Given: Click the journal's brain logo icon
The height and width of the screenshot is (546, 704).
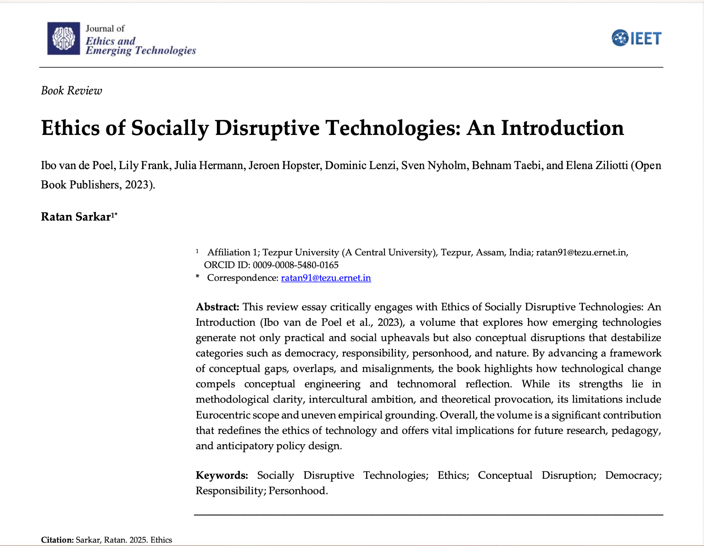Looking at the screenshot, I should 64,38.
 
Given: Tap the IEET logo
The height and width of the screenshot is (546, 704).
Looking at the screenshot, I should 636,38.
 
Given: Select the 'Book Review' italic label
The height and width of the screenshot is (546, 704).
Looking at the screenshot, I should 71,91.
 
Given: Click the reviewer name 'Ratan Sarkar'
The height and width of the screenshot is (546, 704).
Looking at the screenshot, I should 76,217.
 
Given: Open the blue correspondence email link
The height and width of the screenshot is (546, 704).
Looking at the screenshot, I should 326,278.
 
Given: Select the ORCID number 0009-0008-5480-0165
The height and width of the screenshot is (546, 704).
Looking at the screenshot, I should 296,265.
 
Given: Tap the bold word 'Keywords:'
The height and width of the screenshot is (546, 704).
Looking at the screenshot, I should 222,475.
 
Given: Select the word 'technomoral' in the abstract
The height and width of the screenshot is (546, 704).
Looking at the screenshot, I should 426,384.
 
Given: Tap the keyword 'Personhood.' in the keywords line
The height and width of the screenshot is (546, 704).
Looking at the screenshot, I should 298,491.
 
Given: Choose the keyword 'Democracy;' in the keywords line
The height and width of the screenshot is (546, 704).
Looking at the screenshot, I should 633,475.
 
